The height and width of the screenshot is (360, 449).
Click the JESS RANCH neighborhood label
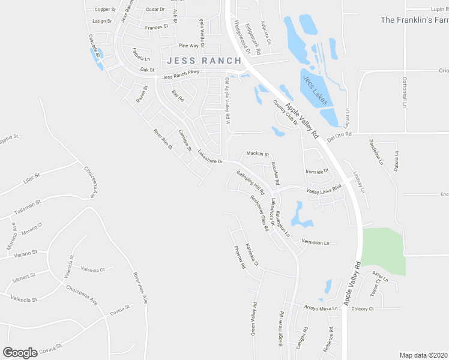[x=204, y=61]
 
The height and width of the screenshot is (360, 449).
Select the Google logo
[x=20, y=353]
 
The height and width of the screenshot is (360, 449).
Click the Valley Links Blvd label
[x=324, y=190]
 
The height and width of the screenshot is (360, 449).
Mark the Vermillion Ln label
[x=316, y=242]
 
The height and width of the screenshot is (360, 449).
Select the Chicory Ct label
[x=363, y=308]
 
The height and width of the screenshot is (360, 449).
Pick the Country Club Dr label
[x=286, y=112]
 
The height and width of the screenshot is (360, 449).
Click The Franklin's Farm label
[x=414, y=20]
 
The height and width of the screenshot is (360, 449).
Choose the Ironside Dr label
[x=318, y=171]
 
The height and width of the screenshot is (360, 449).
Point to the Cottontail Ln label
[x=405, y=92]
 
